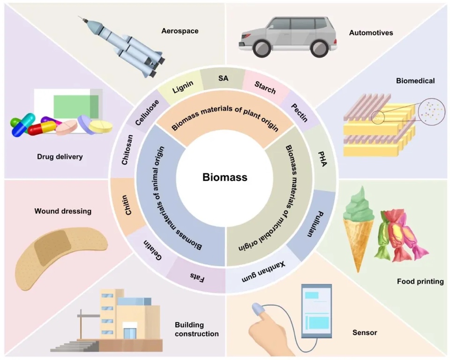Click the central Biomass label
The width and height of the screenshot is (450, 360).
pos(225,178)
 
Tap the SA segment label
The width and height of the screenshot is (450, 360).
pos(223,78)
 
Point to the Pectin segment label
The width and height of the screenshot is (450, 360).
pos(298,112)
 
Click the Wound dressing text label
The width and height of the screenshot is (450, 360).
pos(63,211)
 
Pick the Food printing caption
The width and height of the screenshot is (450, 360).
pos(420,282)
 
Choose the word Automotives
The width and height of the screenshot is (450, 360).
pos(371,33)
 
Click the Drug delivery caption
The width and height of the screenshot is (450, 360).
pos(60,157)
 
